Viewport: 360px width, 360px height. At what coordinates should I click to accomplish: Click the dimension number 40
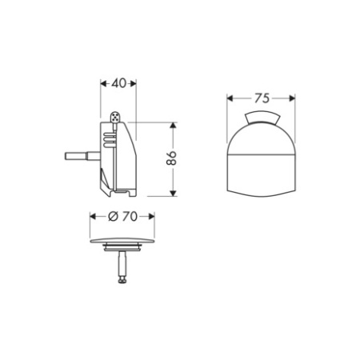[118, 82]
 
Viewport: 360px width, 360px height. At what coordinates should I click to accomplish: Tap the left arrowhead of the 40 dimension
[102, 82]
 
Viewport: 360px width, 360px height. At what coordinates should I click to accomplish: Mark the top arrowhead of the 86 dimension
[172, 126]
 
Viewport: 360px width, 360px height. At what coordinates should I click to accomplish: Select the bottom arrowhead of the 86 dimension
[172, 194]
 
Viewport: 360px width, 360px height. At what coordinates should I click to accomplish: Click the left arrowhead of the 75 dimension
[230, 99]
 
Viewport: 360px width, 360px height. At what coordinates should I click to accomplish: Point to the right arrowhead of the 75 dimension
[294, 99]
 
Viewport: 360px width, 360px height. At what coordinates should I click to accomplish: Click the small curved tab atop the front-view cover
[262, 120]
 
